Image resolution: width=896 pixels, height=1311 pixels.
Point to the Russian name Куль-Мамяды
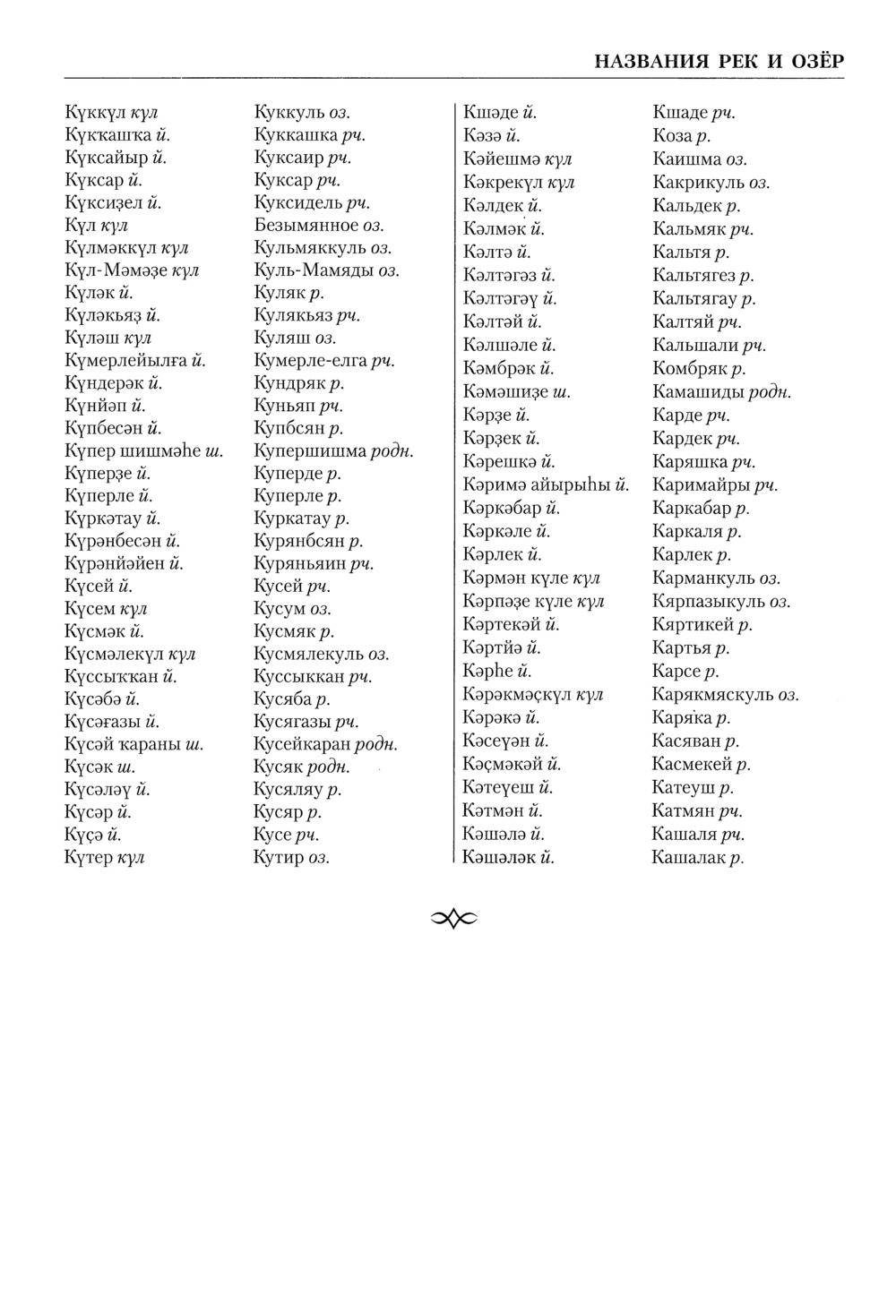(314, 270)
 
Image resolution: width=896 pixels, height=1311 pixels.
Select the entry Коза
(672, 136)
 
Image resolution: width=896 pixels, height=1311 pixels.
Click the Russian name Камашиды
(698, 392)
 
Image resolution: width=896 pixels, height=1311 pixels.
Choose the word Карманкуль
(703, 578)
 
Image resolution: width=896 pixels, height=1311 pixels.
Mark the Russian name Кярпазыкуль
(709, 602)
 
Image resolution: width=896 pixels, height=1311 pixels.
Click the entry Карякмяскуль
(713, 695)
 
